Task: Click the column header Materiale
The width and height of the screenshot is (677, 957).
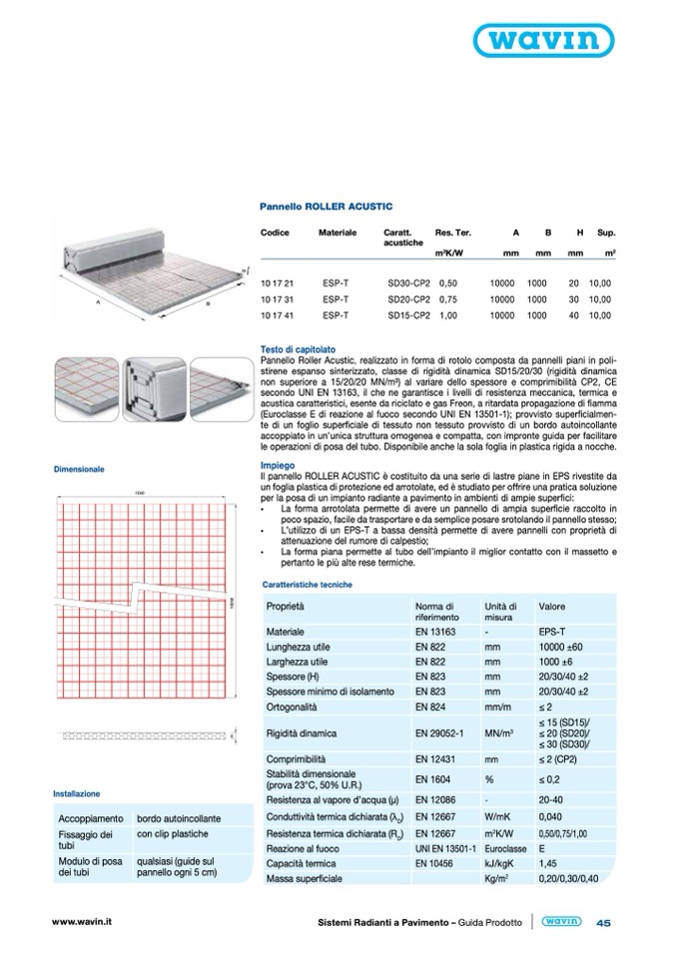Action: [x=338, y=232]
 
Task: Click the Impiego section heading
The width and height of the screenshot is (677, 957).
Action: [x=276, y=466]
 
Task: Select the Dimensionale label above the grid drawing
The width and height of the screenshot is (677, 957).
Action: [x=79, y=468]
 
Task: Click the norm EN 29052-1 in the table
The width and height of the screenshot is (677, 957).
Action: [x=439, y=733]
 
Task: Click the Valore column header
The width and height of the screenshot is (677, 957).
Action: [x=552, y=606]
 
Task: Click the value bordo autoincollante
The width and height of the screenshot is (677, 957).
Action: [x=179, y=816]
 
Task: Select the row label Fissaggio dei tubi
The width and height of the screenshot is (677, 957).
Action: [x=87, y=839]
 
